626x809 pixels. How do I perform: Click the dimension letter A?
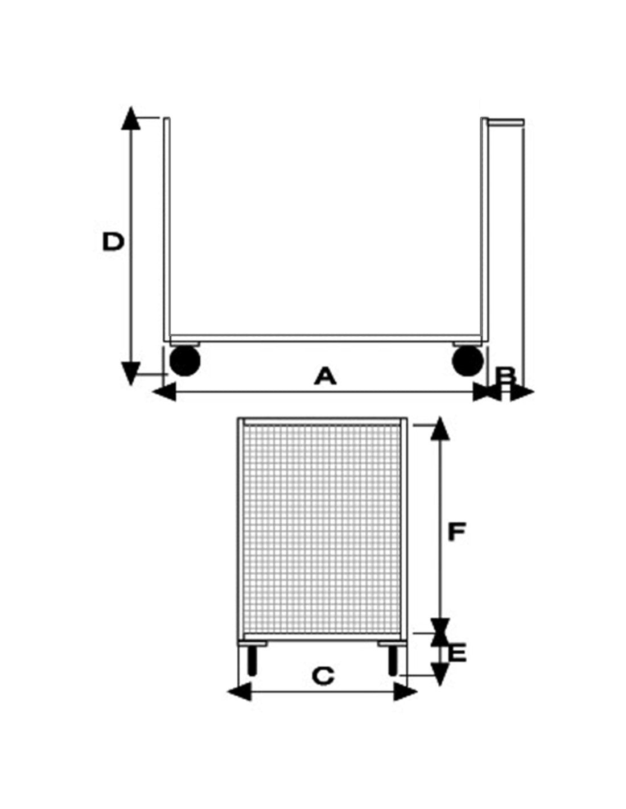325,375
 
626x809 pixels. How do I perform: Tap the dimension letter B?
506,377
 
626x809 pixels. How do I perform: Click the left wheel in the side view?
185,360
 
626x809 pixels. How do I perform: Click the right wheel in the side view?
468,360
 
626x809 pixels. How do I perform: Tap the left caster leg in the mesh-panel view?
252,663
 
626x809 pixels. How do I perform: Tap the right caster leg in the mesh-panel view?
393,663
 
